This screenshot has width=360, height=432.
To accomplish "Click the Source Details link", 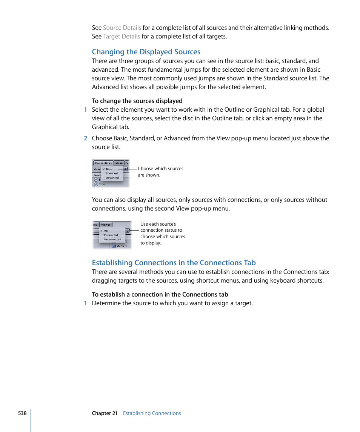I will pyautogui.click(x=122, y=28).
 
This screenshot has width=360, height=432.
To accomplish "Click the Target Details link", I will pyautogui.click(x=122, y=37).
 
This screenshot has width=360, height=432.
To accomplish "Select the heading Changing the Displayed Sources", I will pyautogui.click(x=146, y=52).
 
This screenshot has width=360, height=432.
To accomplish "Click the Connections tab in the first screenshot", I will pyautogui.click(x=103, y=163).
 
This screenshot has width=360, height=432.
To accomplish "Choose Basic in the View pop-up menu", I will pyautogui.click(x=109, y=169).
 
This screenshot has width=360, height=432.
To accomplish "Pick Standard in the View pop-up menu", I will pyautogui.click(x=112, y=174).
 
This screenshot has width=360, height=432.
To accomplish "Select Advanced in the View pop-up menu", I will pyautogui.click(x=112, y=178).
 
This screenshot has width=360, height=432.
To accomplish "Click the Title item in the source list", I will pyautogui.click(x=102, y=184).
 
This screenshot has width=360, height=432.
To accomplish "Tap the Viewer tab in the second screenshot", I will pyautogui.click(x=106, y=224).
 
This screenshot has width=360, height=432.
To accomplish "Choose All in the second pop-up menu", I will pyautogui.click(x=106, y=231).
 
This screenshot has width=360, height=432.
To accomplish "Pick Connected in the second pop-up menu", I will pyautogui.click(x=111, y=235).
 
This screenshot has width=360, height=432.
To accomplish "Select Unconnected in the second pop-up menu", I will pyautogui.click(x=112, y=239).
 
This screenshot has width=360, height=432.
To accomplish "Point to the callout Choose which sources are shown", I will pyautogui.click(x=160, y=172).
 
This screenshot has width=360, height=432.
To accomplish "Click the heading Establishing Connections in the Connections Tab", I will pyautogui.click(x=174, y=263).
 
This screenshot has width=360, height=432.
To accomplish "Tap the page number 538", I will pyautogui.click(x=22, y=413).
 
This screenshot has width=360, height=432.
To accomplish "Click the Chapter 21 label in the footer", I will pyautogui.click(x=105, y=413).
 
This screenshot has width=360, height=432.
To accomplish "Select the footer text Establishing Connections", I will pyautogui.click(x=152, y=413).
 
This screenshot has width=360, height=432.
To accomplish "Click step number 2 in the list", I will pyautogui.click(x=85, y=138).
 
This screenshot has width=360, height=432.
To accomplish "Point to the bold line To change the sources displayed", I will pyautogui.click(x=137, y=101).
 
